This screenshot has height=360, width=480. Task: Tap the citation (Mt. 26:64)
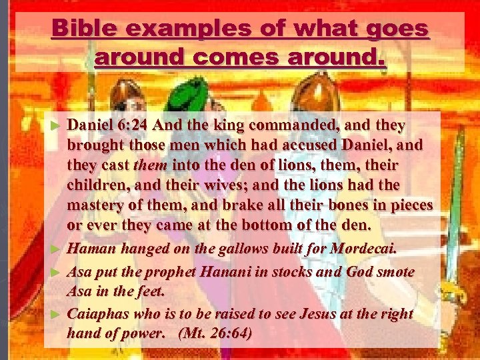pos(215,333)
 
